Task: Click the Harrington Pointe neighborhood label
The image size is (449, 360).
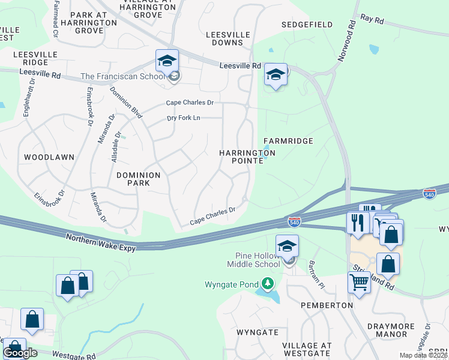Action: pyautogui.click(x=247, y=157)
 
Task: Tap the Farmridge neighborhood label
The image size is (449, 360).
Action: pyautogui.click(x=288, y=141)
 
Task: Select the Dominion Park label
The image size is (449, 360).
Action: pyautogui.click(x=139, y=179)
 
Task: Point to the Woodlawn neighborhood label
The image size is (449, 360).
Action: pyautogui.click(x=49, y=157)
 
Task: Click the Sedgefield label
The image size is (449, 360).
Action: pyautogui.click(x=307, y=25)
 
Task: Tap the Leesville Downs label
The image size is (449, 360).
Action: pyautogui.click(x=228, y=39)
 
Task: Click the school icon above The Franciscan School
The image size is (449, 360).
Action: pyautogui.click(x=167, y=61)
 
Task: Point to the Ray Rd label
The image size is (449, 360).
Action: pyautogui.click(x=372, y=20)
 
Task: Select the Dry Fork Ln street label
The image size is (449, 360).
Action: pyautogui.click(x=183, y=118)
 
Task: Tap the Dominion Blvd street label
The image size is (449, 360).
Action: pyautogui.click(x=127, y=103)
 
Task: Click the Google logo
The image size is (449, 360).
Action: pyautogui.click(x=20, y=353)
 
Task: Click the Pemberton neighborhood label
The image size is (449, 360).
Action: pyautogui.click(x=329, y=305)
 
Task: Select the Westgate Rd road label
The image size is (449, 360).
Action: pyautogui.click(x=73, y=356)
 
